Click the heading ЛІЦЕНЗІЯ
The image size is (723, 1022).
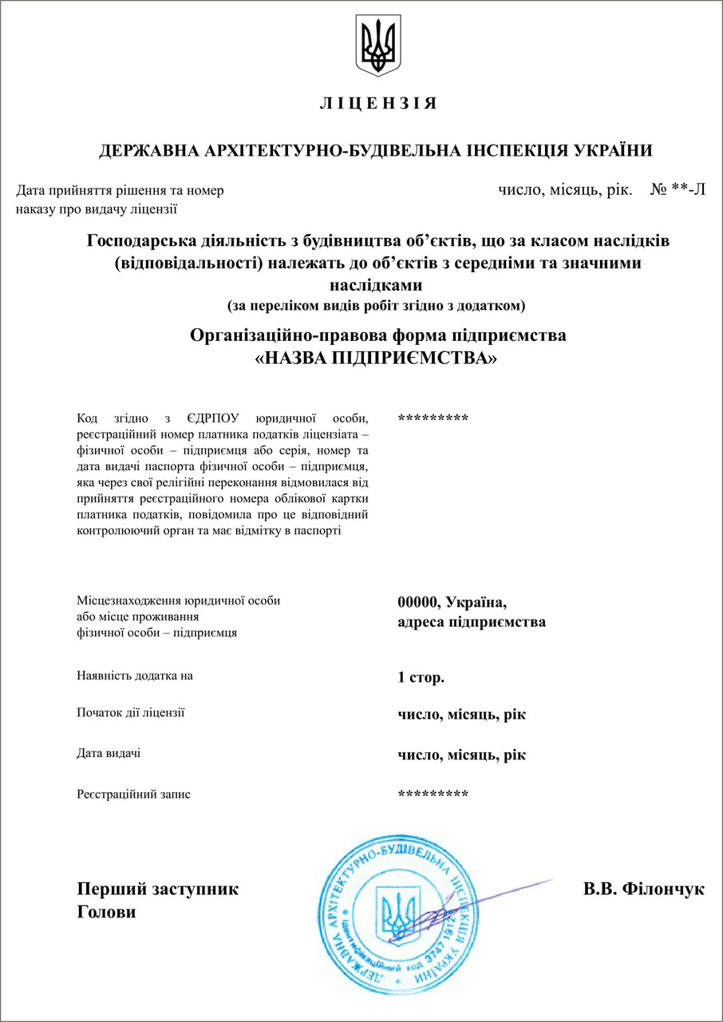click(x=378, y=104)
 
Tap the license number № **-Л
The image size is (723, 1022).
click(x=678, y=190)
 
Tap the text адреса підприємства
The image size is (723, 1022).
click(x=472, y=621)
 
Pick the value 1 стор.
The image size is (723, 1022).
click(x=421, y=677)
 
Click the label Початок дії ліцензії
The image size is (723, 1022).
click(x=131, y=712)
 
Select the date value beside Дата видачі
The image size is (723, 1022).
click(x=461, y=755)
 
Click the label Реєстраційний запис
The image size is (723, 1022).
click(x=133, y=794)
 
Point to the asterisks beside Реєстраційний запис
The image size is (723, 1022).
click(x=433, y=794)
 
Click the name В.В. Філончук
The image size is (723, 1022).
click(x=644, y=889)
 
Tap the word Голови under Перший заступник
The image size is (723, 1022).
click(x=106, y=912)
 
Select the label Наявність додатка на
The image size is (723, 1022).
click(x=135, y=675)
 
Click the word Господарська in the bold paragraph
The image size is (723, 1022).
click(x=143, y=240)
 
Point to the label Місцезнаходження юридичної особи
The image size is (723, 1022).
click(x=179, y=600)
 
